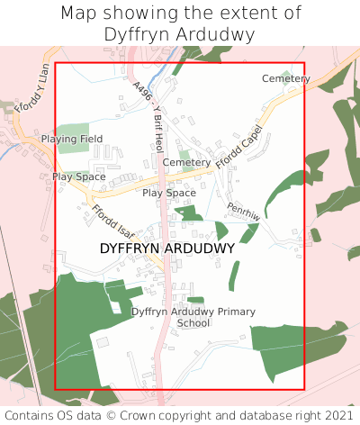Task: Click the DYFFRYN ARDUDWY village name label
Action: coord(167,248)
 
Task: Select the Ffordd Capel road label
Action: coord(238,144)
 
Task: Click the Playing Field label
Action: coord(71,139)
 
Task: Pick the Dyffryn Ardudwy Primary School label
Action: coord(193,317)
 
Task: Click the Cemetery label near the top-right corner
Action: coord(286,78)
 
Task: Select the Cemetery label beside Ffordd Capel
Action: coord(186,162)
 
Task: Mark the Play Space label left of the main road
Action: coord(78,176)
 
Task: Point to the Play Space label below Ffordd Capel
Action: coord(169,193)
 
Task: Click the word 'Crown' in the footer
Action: coord(145,415)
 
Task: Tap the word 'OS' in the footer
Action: coord(70,415)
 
